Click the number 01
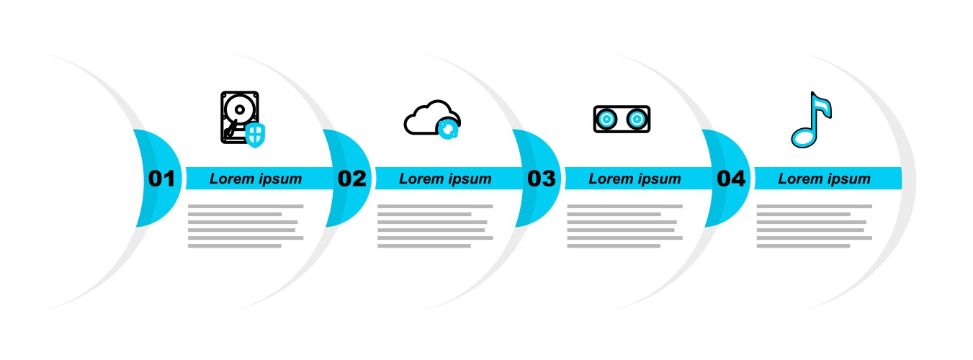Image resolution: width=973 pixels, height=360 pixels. click(161, 179)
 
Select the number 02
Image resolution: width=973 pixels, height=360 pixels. click(351, 179)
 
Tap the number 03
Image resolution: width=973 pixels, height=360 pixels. click(541, 179)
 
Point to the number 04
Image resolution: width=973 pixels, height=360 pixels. click(730, 179)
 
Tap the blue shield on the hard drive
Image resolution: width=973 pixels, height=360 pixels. click(256, 134)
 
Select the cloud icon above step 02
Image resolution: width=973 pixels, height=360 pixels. click(428, 117)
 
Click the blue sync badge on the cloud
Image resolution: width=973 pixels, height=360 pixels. click(449, 128)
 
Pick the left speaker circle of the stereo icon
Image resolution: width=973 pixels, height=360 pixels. click(606, 119)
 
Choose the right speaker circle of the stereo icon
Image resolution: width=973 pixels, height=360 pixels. click(637, 119)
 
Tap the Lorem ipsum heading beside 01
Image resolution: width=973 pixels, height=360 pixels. click(256, 179)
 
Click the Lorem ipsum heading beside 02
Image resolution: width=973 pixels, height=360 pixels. click(445, 179)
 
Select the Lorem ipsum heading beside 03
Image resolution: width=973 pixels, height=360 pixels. click(635, 179)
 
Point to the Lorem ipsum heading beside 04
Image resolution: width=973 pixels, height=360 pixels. click(824, 179)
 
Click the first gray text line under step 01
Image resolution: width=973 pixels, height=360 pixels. click(246, 207)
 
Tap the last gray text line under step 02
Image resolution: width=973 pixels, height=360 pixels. click(424, 246)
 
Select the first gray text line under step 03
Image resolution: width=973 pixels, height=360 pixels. click(624, 207)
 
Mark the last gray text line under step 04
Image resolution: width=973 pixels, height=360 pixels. click(803, 246)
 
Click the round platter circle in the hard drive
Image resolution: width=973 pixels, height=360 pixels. click(238, 109)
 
